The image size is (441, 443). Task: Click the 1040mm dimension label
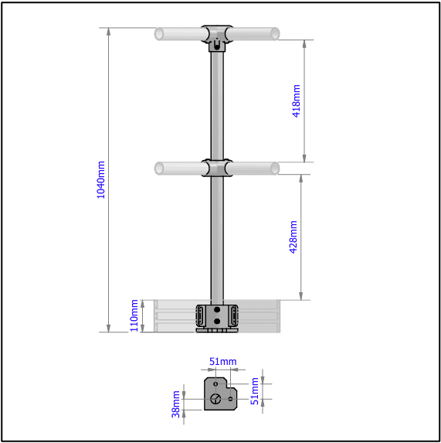click(x=100, y=179)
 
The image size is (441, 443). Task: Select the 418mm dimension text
click(x=297, y=101)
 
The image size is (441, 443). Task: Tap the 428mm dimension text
click(x=293, y=237)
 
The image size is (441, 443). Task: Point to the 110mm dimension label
click(x=134, y=315)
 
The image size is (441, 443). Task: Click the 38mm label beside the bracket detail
click(x=176, y=404)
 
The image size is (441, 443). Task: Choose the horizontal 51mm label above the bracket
click(x=223, y=362)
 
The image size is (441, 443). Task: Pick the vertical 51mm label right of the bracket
click(x=256, y=391)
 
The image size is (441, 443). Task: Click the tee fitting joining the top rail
click(x=218, y=36)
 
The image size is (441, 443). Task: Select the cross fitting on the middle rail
click(x=218, y=168)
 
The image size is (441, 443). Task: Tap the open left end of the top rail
click(x=159, y=34)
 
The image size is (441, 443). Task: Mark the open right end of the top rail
click(x=275, y=34)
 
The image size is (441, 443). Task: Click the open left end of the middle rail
click(x=159, y=168)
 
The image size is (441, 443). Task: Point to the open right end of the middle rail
click(x=275, y=168)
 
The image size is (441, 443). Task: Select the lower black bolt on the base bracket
click(x=218, y=320)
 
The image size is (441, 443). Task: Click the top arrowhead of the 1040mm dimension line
click(x=109, y=32)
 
